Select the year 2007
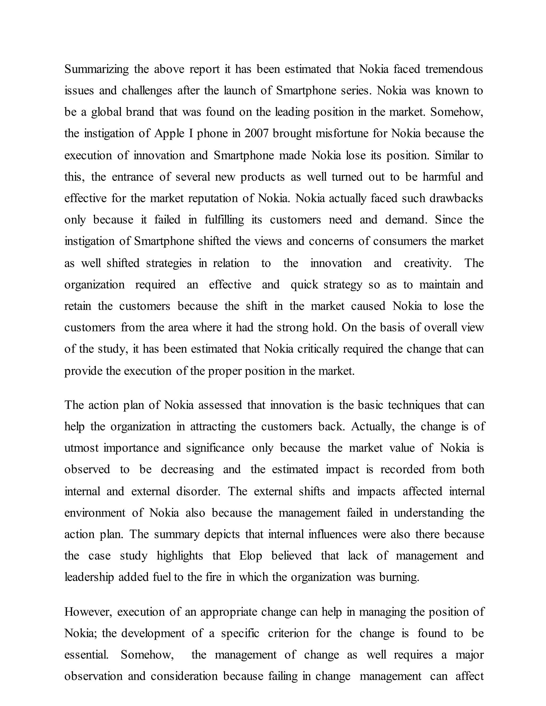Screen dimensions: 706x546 [256, 133]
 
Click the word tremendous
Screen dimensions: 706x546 [454, 69]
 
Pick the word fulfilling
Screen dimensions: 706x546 [224, 220]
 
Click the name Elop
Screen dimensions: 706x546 [250, 556]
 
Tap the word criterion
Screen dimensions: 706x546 [288, 633]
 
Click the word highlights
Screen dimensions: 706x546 [180, 556]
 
